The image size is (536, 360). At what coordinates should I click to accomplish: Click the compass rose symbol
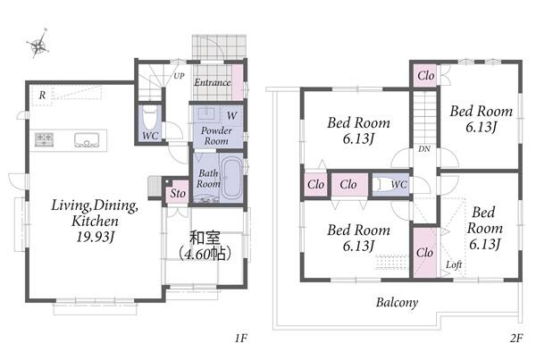[x=38, y=44]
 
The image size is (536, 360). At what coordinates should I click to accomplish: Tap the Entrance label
[x=213, y=82]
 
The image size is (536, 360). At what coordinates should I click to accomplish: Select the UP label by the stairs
[x=179, y=76]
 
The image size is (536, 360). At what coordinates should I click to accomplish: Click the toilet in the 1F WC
[x=149, y=117]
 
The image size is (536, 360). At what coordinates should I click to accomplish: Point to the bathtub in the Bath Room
[x=231, y=178]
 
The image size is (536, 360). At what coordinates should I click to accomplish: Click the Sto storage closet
[x=178, y=193]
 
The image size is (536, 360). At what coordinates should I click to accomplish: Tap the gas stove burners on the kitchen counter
[x=44, y=139]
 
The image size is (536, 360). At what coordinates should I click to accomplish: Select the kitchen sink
[x=87, y=140]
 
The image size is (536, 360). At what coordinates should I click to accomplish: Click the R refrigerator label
[x=42, y=95]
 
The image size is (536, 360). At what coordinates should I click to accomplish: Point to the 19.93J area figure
[x=95, y=237]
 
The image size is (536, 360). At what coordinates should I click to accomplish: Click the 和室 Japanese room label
[x=205, y=238]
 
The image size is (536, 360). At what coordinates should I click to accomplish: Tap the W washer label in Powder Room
[x=231, y=115]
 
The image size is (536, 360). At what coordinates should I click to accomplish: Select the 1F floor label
[x=240, y=339]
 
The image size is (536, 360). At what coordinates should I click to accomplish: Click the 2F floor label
[x=516, y=339]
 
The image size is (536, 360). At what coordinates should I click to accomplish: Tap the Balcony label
[x=397, y=303]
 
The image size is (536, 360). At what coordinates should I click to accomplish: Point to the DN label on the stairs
[x=424, y=148]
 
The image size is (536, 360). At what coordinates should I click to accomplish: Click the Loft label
[x=454, y=264]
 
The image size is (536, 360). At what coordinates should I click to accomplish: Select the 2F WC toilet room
[x=390, y=185]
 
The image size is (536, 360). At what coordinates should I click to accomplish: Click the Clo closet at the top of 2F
[x=426, y=75]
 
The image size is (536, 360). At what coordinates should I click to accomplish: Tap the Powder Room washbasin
[x=207, y=113]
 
